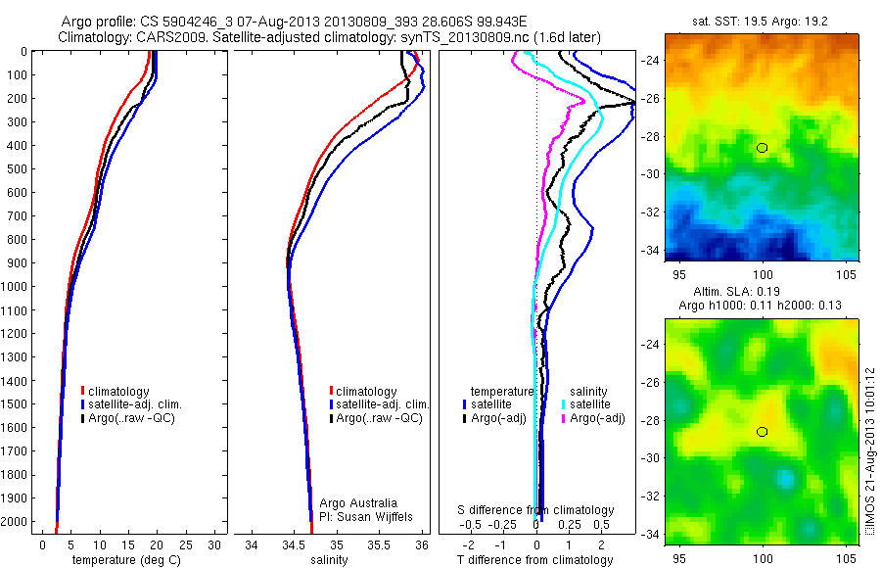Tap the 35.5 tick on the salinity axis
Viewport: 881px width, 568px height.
(x=379, y=545)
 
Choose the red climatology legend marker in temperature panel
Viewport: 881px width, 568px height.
(x=83, y=392)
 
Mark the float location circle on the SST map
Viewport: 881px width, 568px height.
(x=763, y=148)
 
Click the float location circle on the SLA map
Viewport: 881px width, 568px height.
(x=763, y=432)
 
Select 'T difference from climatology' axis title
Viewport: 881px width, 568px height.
(x=536, y=560)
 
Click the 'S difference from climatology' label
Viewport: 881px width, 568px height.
(x=536, y=510)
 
